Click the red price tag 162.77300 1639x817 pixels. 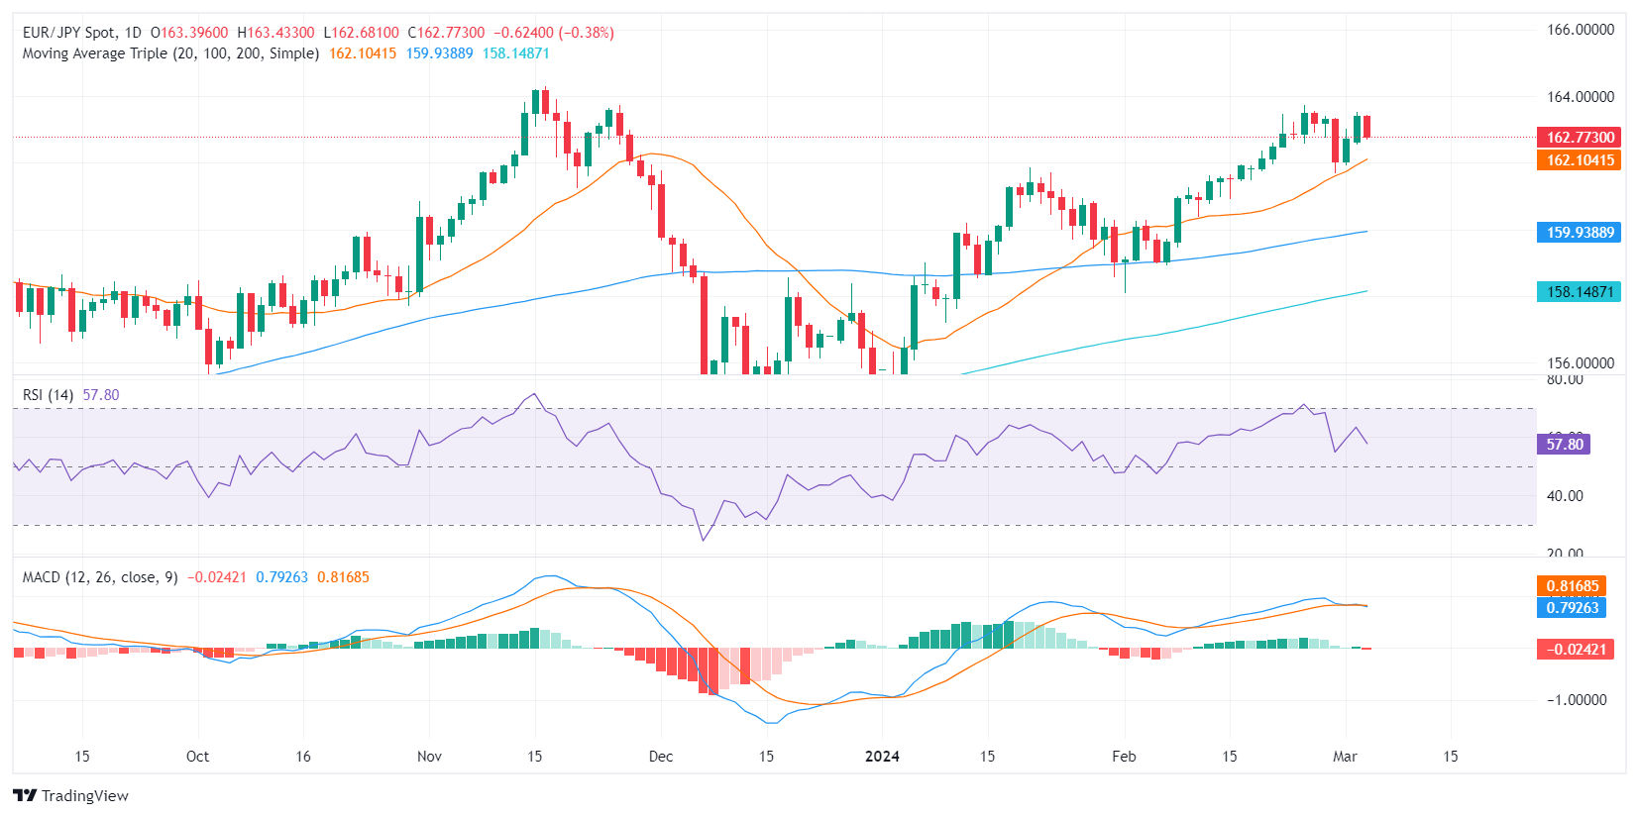(1580, 138)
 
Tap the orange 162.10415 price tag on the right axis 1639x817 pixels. (1580, 160)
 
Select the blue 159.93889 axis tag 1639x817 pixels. (1580, 233)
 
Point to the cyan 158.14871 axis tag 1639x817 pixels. (1580, 292)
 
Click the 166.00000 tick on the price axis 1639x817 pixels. (1581, 30)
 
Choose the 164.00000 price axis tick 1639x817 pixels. (1581, 97)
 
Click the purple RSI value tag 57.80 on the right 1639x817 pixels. (1564, 445)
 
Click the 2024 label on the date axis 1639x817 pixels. (882, 757)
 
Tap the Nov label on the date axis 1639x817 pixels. (429, 757)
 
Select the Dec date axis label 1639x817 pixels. (661, 757)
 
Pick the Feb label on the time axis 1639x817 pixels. (1124, 757)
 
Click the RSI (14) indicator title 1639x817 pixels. (48, 395)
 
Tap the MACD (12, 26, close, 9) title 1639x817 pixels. (100, 577)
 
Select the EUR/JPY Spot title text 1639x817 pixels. (69, 33)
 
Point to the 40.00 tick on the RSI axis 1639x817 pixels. (1565, 496)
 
